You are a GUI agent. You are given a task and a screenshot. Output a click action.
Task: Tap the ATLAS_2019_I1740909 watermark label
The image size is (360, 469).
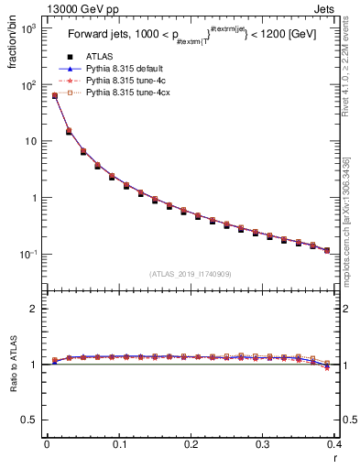pyautogui.click(x=190, y=273)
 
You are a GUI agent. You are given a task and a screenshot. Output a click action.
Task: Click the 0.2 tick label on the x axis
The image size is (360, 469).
pyautogui.click(x=190, y=445)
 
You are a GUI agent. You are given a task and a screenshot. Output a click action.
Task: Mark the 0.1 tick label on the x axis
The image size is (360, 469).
pyautogui.click(x=118, y=445)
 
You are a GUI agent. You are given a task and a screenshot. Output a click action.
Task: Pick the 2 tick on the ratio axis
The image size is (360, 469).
pyautogui.click(x=36, y=309)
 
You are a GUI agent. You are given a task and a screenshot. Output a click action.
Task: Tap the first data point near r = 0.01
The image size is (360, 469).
pyautogui.click(x=54, y=95)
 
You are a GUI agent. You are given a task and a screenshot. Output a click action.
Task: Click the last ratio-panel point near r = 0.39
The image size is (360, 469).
pyautogui.click(x=327, y=365)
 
